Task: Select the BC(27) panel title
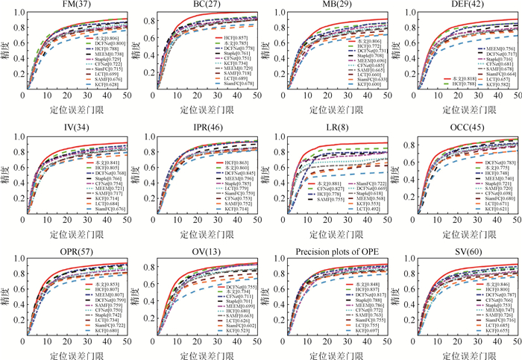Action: pos(209,6)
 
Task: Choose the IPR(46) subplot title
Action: pos(209,127)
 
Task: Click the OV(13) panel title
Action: pos(209,247)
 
